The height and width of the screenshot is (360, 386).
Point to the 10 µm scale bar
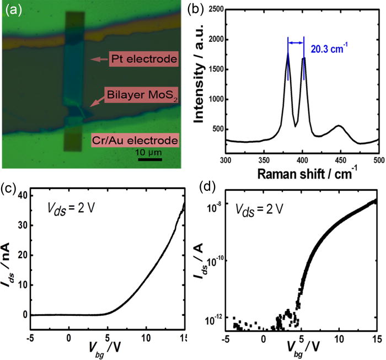[149, 160]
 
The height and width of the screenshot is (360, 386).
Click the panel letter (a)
[13, 9]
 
